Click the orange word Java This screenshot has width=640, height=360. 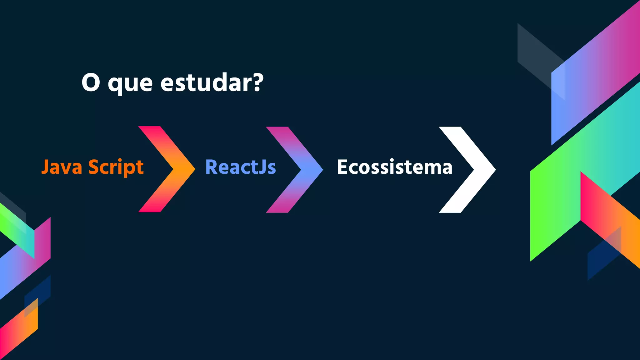(62, 167)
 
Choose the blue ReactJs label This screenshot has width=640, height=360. (240, 167)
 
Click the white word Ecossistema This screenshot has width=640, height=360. (395, 167)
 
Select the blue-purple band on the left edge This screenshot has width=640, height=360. (19, 269)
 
